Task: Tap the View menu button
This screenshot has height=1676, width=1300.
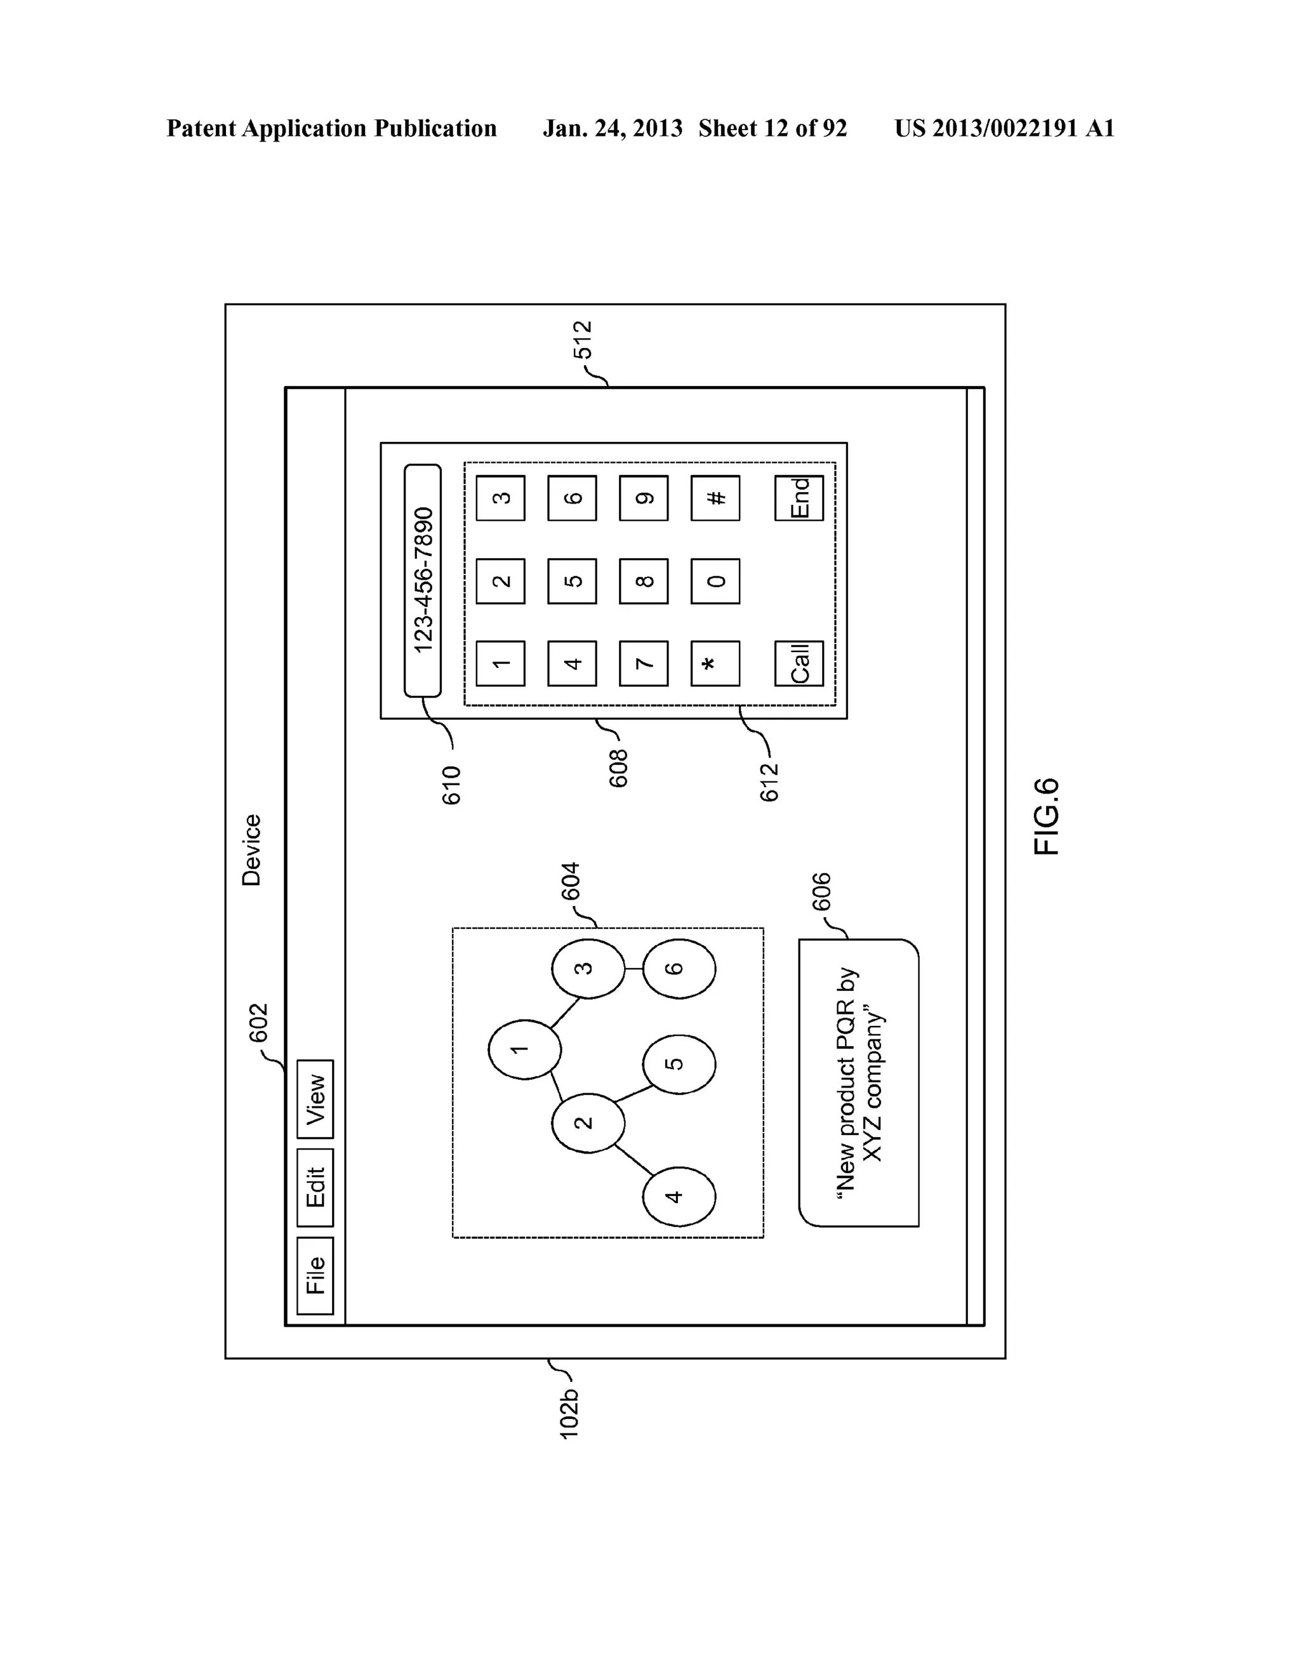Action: click(x=315, y=1098)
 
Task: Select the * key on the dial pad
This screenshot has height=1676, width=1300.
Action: click(x=715, y=663)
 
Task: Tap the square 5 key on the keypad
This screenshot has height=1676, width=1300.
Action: click(x=572, y=581)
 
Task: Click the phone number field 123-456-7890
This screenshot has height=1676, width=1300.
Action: click(x=423, y=580)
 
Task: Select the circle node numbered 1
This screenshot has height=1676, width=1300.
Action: click(x=525, y=1049)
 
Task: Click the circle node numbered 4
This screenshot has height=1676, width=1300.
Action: click(x=679, y=1195)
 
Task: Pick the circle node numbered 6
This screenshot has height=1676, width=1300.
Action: click(x=679, y=968)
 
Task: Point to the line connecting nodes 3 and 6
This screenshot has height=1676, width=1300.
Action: click(x=634, y=968)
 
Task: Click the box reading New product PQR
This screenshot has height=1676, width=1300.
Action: click(x=858, y=1082)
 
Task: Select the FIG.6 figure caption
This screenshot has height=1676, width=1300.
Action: click(x=1046, y=816)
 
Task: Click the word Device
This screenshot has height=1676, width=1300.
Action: click(x=252, y=850)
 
